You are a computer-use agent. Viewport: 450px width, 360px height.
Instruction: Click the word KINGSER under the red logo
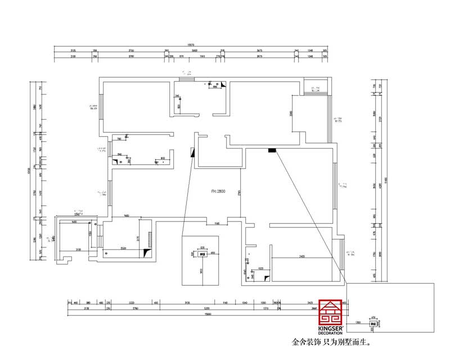pos(330,327)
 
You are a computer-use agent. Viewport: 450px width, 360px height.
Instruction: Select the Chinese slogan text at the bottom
pos(332,341)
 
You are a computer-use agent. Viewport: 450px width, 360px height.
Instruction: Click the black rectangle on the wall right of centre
pos(272,150)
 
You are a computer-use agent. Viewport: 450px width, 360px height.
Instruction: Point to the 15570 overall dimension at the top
pos(191,46)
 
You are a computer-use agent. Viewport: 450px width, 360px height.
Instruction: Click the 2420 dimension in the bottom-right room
pos(302,256)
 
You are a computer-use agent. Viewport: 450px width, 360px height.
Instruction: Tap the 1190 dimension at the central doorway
pos(216,224)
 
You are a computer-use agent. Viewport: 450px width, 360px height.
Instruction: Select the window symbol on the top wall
pos(186,79)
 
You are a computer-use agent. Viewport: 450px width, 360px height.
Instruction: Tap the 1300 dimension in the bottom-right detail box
pos(358,323)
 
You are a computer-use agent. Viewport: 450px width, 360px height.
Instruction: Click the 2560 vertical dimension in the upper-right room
pos(291,114)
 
